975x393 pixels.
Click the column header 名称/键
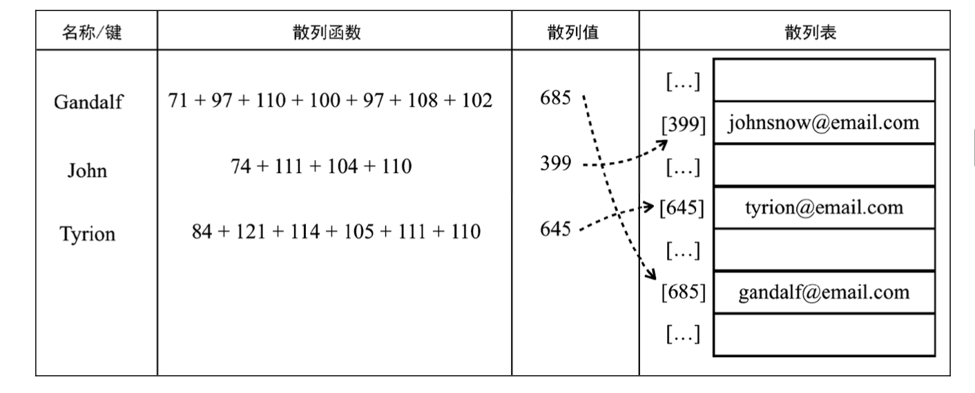92,33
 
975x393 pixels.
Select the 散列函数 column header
334,33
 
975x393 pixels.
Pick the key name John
87,170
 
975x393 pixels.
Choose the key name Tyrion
87,235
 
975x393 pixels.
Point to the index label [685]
683,292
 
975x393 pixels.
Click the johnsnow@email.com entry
823,123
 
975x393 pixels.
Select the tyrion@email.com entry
823,208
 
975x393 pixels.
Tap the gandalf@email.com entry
824,292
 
